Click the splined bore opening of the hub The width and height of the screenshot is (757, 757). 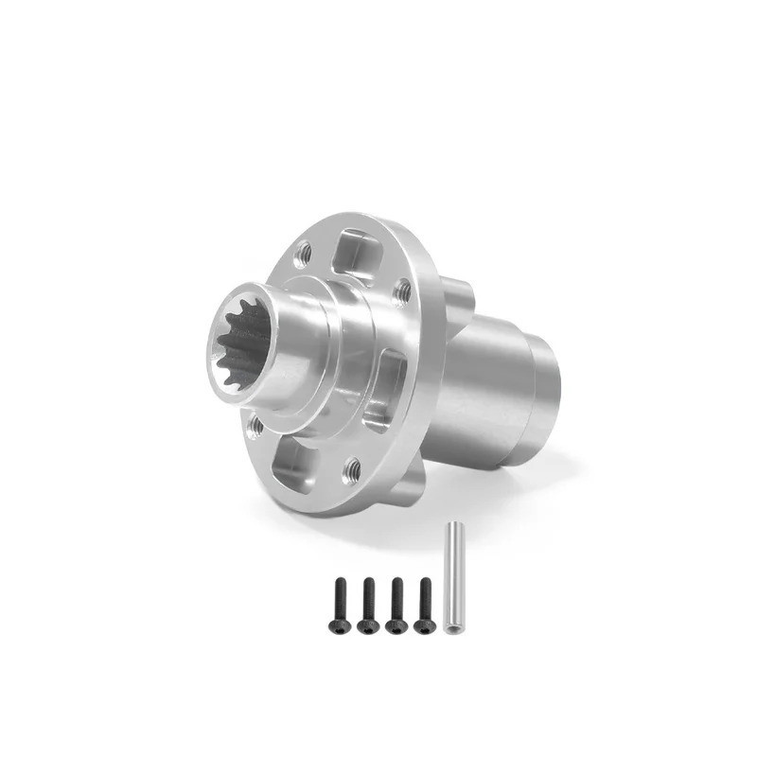[x=244, y=344]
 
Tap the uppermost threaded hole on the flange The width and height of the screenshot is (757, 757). [x=303, y=253]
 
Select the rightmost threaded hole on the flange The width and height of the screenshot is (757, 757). [x=402, y=290]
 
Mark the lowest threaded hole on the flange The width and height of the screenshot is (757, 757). [x=352, y=467]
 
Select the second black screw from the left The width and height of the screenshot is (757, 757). [x=368, y=606]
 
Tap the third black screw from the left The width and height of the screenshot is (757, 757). [x=396, y=606]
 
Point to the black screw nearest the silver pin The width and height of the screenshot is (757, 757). [x=425, y=606]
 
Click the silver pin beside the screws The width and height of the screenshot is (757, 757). [x=451, y=578]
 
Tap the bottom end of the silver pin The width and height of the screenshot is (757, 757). [x=451, y=629]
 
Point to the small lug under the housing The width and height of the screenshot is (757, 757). [x=405, y=487]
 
